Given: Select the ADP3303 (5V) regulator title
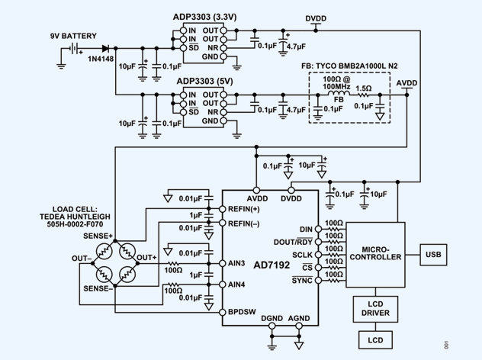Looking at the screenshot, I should (206, 81).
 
